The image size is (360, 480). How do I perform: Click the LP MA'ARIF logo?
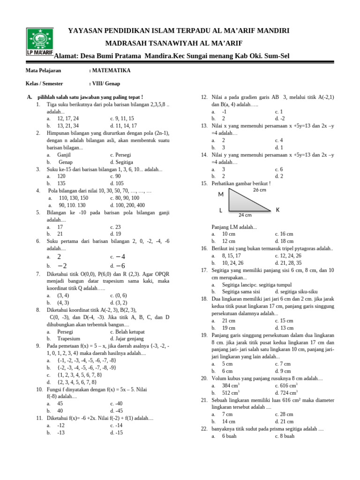[x=40, y=42]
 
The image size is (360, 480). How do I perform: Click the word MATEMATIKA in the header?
[x=111, y=71]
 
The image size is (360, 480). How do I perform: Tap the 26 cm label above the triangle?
[x=259, y=190]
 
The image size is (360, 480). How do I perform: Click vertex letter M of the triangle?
[x=221, y=195]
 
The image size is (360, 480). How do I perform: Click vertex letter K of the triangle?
[x=278, y=210]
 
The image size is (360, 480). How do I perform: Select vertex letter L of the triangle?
[x=220, y=211]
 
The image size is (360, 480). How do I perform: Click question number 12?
[x=204, y=97]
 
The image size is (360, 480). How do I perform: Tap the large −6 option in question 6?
[x=120, y=266]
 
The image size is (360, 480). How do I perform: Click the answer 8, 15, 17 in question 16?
[x=231, y=255]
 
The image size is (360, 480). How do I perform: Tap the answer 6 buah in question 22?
[x=229, y=436]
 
